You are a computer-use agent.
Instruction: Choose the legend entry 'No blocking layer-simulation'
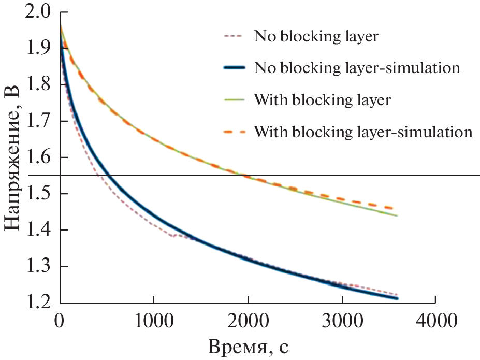(357, 68)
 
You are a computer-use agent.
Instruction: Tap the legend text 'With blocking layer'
(323, 99)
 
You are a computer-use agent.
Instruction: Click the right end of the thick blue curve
(397, 298)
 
